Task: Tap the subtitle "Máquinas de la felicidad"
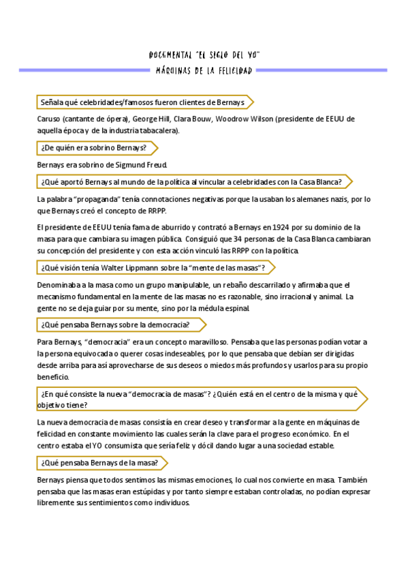[204, 70]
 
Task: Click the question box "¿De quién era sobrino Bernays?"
[93, 147]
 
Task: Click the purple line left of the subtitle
[84, 70]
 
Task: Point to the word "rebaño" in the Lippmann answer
[204, 286]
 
